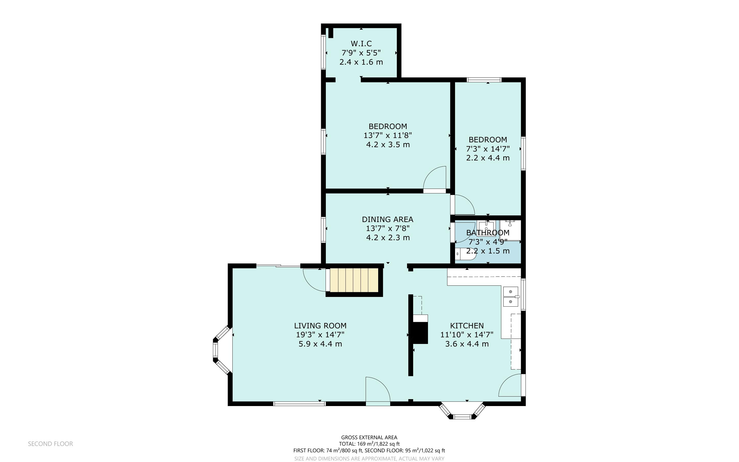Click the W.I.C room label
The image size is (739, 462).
pos(361,44)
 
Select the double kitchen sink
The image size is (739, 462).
pos(511,296)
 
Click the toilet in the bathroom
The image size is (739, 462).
pos(465,254)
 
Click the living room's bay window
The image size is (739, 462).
pos(221,350)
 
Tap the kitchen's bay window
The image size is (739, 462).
pos(462,412)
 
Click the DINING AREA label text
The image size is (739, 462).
pos(387,219)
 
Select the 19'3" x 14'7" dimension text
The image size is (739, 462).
pos(320,335)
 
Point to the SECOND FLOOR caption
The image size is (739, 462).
pos(51,444)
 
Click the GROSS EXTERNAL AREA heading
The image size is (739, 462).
pos(369,437)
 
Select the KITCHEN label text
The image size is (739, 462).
pos(467,325)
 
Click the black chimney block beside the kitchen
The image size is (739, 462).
pos(420,333)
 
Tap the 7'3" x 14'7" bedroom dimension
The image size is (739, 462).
pos(487,149)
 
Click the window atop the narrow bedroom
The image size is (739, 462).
pos(484,80)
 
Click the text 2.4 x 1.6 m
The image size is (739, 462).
pos(361,62)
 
